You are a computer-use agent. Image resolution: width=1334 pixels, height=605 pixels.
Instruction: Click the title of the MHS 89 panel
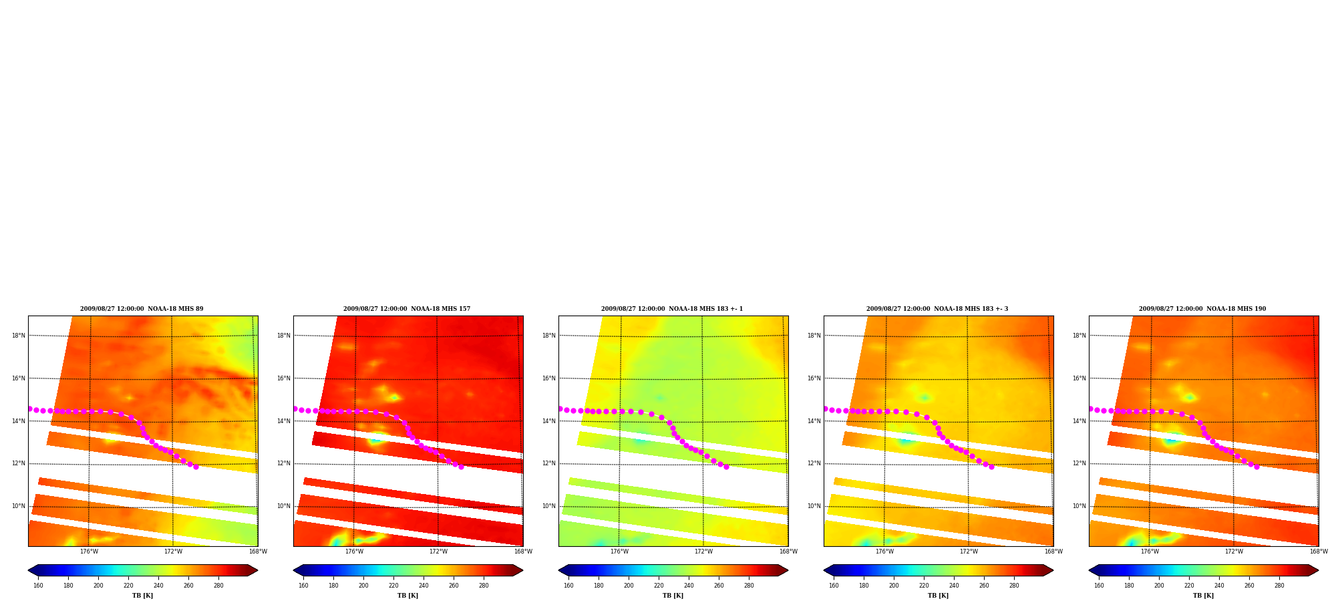coord(142,309)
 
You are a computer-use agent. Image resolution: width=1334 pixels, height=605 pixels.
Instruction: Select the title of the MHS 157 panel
coord(407,309)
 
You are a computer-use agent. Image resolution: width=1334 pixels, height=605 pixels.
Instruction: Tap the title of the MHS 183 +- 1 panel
coord(672,309)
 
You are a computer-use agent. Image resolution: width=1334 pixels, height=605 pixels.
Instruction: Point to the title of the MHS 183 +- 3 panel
coord(937,309)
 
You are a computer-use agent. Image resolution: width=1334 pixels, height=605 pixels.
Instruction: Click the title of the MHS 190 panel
coord(1202,309)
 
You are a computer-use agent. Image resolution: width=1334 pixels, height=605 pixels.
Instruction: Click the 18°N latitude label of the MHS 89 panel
coord(19,336)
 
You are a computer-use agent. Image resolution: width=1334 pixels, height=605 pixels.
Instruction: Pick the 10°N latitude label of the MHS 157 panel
coord(284,506)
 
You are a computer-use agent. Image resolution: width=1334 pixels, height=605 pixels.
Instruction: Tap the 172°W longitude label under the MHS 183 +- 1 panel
coord(703,552)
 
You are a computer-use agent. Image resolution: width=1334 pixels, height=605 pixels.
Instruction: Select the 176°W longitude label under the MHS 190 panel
coord(1150,552)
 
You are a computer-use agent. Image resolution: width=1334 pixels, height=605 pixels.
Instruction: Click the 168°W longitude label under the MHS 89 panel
coord(258,552)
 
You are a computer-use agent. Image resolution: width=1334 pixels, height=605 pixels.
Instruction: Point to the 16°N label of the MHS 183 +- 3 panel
coord(814,378)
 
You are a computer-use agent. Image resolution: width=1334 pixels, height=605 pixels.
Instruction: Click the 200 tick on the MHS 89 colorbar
coord(98,586)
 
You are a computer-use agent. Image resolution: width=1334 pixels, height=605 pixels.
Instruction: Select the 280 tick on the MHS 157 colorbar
coord(484,586)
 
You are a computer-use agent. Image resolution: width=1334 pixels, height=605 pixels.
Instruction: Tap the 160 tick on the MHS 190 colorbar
coord(1099,586)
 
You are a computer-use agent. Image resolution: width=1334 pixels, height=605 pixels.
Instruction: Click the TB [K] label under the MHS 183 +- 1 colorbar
coord(673,596)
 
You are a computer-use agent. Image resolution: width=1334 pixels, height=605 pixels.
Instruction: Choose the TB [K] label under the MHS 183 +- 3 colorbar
coord(938,596)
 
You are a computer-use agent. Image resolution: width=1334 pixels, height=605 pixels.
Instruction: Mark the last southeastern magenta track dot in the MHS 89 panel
coord(196,467)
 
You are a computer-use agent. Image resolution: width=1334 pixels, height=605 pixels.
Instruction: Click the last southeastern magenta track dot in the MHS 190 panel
coord(1257,467)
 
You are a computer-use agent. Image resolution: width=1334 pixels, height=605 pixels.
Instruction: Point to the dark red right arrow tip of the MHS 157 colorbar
coord(522,570)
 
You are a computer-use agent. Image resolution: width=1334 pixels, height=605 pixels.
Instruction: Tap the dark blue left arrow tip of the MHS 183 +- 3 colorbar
coord(824,570)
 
